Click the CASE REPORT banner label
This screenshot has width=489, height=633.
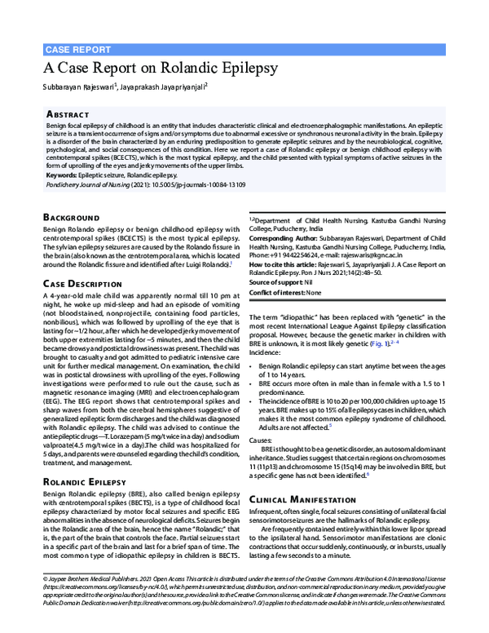(77, 49)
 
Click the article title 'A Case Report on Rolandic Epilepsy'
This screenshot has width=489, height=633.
(161, 67)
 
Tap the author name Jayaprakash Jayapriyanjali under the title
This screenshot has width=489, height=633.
(165, 85)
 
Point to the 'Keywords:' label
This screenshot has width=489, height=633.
(64, 175)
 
